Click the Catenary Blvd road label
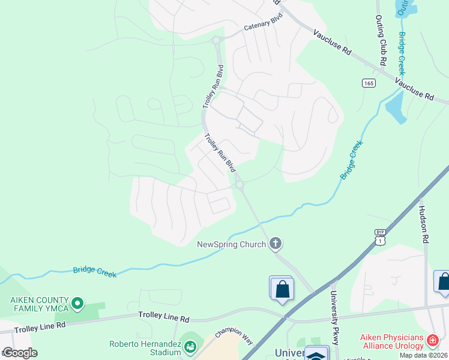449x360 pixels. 262,28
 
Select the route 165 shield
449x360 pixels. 369,83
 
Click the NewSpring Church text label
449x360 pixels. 232,244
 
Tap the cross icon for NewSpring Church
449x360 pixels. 276,243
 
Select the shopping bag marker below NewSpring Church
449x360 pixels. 281,289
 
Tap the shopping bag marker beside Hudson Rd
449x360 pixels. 443,282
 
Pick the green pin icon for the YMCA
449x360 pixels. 77,304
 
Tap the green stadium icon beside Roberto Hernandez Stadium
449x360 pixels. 190,347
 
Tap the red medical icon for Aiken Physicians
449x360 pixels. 432,341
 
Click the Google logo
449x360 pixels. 19,353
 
